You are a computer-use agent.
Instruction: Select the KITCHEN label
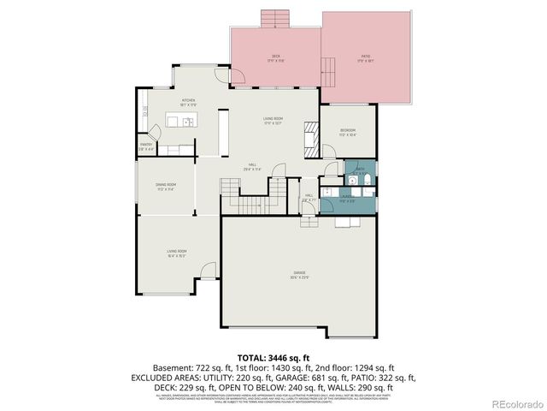click(x=188, y=102)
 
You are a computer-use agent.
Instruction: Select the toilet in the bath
click(x=363, y=180)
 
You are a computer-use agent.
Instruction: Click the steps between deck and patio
click(x=327, y=69)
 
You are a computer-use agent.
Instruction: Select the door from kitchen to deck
click(x=239, y=81)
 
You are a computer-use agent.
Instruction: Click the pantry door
click(x=155, y=132)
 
